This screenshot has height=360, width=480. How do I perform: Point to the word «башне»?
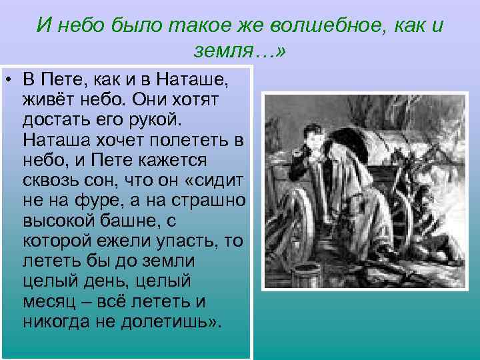coord(145,219)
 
